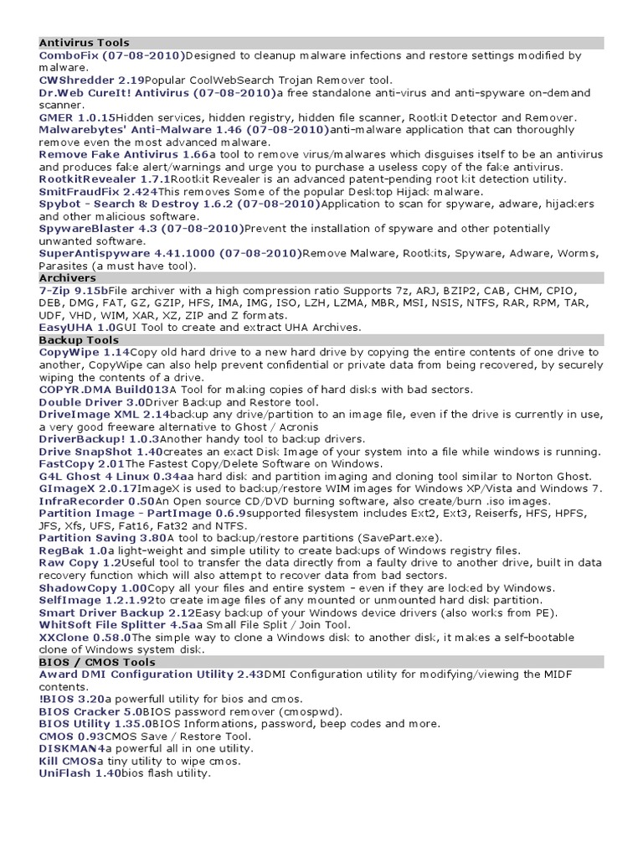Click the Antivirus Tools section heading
point(84,42)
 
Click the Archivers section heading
point(68,277)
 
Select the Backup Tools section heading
point(79,340)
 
